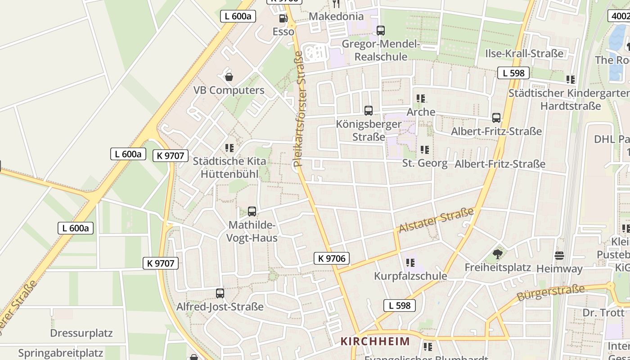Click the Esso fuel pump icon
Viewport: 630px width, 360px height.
pos(283,18)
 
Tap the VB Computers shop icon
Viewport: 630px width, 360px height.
pos(229,77)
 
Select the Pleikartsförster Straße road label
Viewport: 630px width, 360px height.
pos(299,109)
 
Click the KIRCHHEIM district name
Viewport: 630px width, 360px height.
pos(375,341)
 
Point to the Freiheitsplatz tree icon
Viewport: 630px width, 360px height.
pos(497,255)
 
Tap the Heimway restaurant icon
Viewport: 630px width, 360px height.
pos(559,256)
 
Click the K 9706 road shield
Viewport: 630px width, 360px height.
pos(332,258)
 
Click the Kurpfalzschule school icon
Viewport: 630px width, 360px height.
pos(410,262)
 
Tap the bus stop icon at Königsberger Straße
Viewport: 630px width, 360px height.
pos(369,110)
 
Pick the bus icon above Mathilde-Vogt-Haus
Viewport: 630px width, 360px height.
pos(252,211)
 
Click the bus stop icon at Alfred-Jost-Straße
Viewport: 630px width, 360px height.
pos(220,293)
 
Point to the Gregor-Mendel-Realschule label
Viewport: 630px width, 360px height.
pos(381,50)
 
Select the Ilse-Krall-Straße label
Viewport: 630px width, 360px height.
pos(524,54)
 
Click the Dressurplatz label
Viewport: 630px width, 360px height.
pos(81,333)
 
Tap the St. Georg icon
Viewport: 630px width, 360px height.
pos(424,149)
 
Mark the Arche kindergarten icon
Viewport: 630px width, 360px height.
pos(421,98)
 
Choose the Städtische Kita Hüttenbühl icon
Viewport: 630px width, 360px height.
pos(229,148)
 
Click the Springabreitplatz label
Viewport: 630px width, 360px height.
pos(61,353)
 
